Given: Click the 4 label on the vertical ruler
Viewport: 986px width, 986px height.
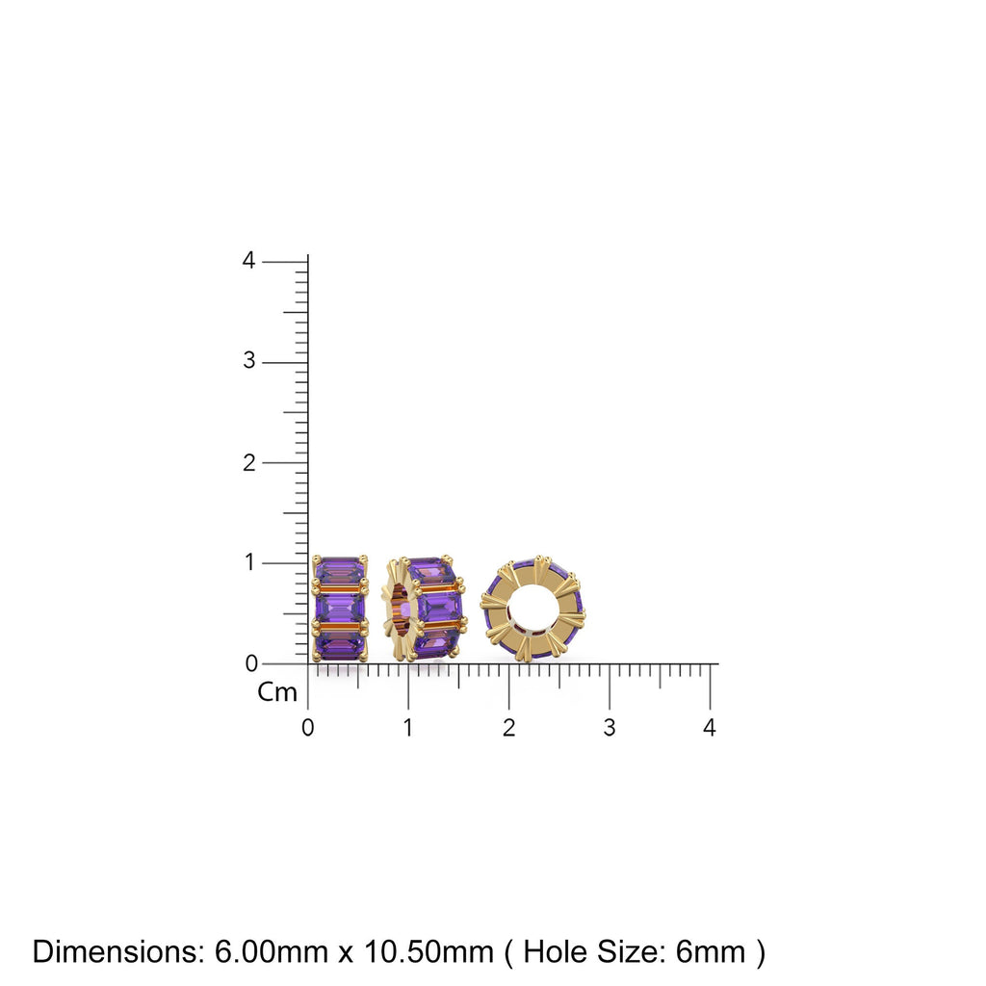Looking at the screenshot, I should (x=249, y=261).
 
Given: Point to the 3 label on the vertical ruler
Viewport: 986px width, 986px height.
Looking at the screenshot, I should (x=249, y=362).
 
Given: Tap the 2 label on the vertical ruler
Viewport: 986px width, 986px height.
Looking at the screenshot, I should (x=249, y=462).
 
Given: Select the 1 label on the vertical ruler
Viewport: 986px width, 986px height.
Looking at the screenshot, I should (x=249, y=562).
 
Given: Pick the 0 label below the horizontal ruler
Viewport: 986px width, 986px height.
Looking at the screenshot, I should (x=307, y=728).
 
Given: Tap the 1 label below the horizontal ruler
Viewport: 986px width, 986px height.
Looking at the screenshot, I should (x=408, y=728).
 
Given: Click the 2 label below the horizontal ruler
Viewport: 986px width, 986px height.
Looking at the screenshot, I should (x=508, y=728).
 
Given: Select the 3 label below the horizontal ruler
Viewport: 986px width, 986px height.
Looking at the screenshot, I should (x=609, y=728).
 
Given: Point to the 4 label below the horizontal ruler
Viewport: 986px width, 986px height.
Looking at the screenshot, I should (x=710, y=728).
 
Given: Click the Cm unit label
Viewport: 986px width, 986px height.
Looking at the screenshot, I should (x=277, y=693).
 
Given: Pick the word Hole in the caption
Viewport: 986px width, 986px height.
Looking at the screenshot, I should (x=559, y=952).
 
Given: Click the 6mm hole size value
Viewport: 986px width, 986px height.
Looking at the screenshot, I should (x=711, y=952).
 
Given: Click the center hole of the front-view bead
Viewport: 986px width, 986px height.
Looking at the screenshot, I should (x=532, y=609).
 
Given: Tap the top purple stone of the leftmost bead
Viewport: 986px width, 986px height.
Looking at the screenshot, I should (x=339, y=571).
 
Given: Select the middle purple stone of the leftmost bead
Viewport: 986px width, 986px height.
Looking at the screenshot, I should (x=339, y=608).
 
